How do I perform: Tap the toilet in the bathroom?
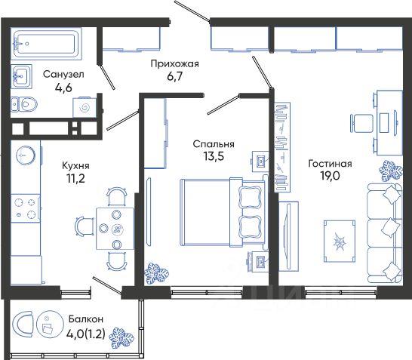coord(24,104)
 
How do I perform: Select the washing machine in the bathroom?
coord(85,107)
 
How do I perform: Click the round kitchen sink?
coord(26,155)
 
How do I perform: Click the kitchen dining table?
coord(115,229)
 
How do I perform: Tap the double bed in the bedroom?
coord(223,212)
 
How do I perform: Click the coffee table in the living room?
coord(340,242)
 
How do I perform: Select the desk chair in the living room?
coord(361,124)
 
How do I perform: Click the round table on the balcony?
coord(50,325)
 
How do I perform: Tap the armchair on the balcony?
coord(23,325)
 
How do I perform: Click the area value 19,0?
coord(330,176)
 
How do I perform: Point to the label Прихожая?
coord(175,64)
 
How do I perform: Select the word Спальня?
coord(214,144)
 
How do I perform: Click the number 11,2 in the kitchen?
coord(75,178)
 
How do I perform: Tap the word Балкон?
coord(86,319)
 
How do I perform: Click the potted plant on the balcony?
coord(121,338)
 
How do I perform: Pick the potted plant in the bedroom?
coord(157,273)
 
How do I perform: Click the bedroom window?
coord(207,292)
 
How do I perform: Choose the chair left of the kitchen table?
coord(85,226)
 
